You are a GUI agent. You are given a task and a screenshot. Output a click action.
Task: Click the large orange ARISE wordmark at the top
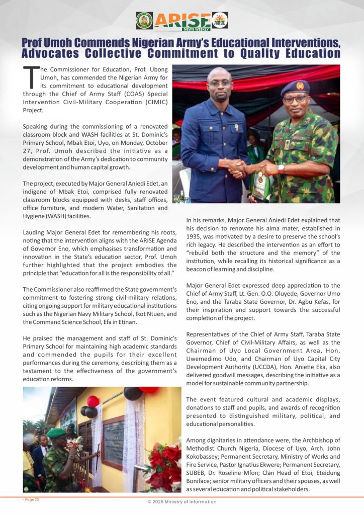point(182,21)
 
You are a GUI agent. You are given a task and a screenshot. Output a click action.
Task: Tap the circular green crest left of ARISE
point(144,21)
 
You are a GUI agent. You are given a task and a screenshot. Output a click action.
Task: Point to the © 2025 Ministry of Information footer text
point(182,501)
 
